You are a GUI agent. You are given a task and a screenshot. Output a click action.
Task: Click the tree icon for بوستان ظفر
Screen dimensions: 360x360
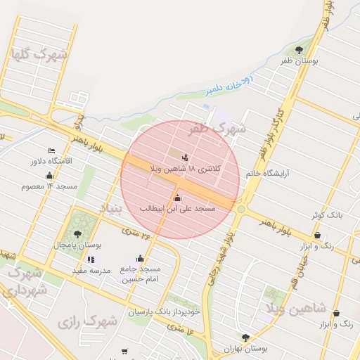pos(300,50)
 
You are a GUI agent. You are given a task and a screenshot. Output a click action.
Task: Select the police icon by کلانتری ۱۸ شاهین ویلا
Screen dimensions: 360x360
pos(185,157)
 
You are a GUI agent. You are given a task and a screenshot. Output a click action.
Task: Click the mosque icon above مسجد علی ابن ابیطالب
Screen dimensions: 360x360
pos(176,198)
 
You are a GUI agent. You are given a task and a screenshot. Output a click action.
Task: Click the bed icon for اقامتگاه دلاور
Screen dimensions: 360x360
pos(51,150)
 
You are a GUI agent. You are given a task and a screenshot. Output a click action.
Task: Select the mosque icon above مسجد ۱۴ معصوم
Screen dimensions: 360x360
pos(49,176)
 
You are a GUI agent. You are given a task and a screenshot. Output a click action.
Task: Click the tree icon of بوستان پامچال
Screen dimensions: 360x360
pos(77,234)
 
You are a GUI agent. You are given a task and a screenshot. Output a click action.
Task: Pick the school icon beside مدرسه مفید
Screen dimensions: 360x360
pos(92,259)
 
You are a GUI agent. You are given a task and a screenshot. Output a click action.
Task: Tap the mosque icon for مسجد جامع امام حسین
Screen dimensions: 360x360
pos(140,258)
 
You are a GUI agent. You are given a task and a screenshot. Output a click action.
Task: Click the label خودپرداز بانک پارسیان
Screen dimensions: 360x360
pos(165,311)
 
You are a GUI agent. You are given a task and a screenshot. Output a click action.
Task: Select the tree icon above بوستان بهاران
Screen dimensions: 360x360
pos(245,337)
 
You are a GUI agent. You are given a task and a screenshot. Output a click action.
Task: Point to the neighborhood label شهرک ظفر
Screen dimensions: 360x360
pos(218,129)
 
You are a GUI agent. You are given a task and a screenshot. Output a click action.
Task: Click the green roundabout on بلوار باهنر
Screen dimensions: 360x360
pos(242,209)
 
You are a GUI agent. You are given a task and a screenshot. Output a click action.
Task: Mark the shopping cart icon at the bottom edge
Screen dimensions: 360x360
pos(124,351)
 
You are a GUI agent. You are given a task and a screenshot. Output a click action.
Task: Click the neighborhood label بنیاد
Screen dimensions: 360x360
pos(110,209)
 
